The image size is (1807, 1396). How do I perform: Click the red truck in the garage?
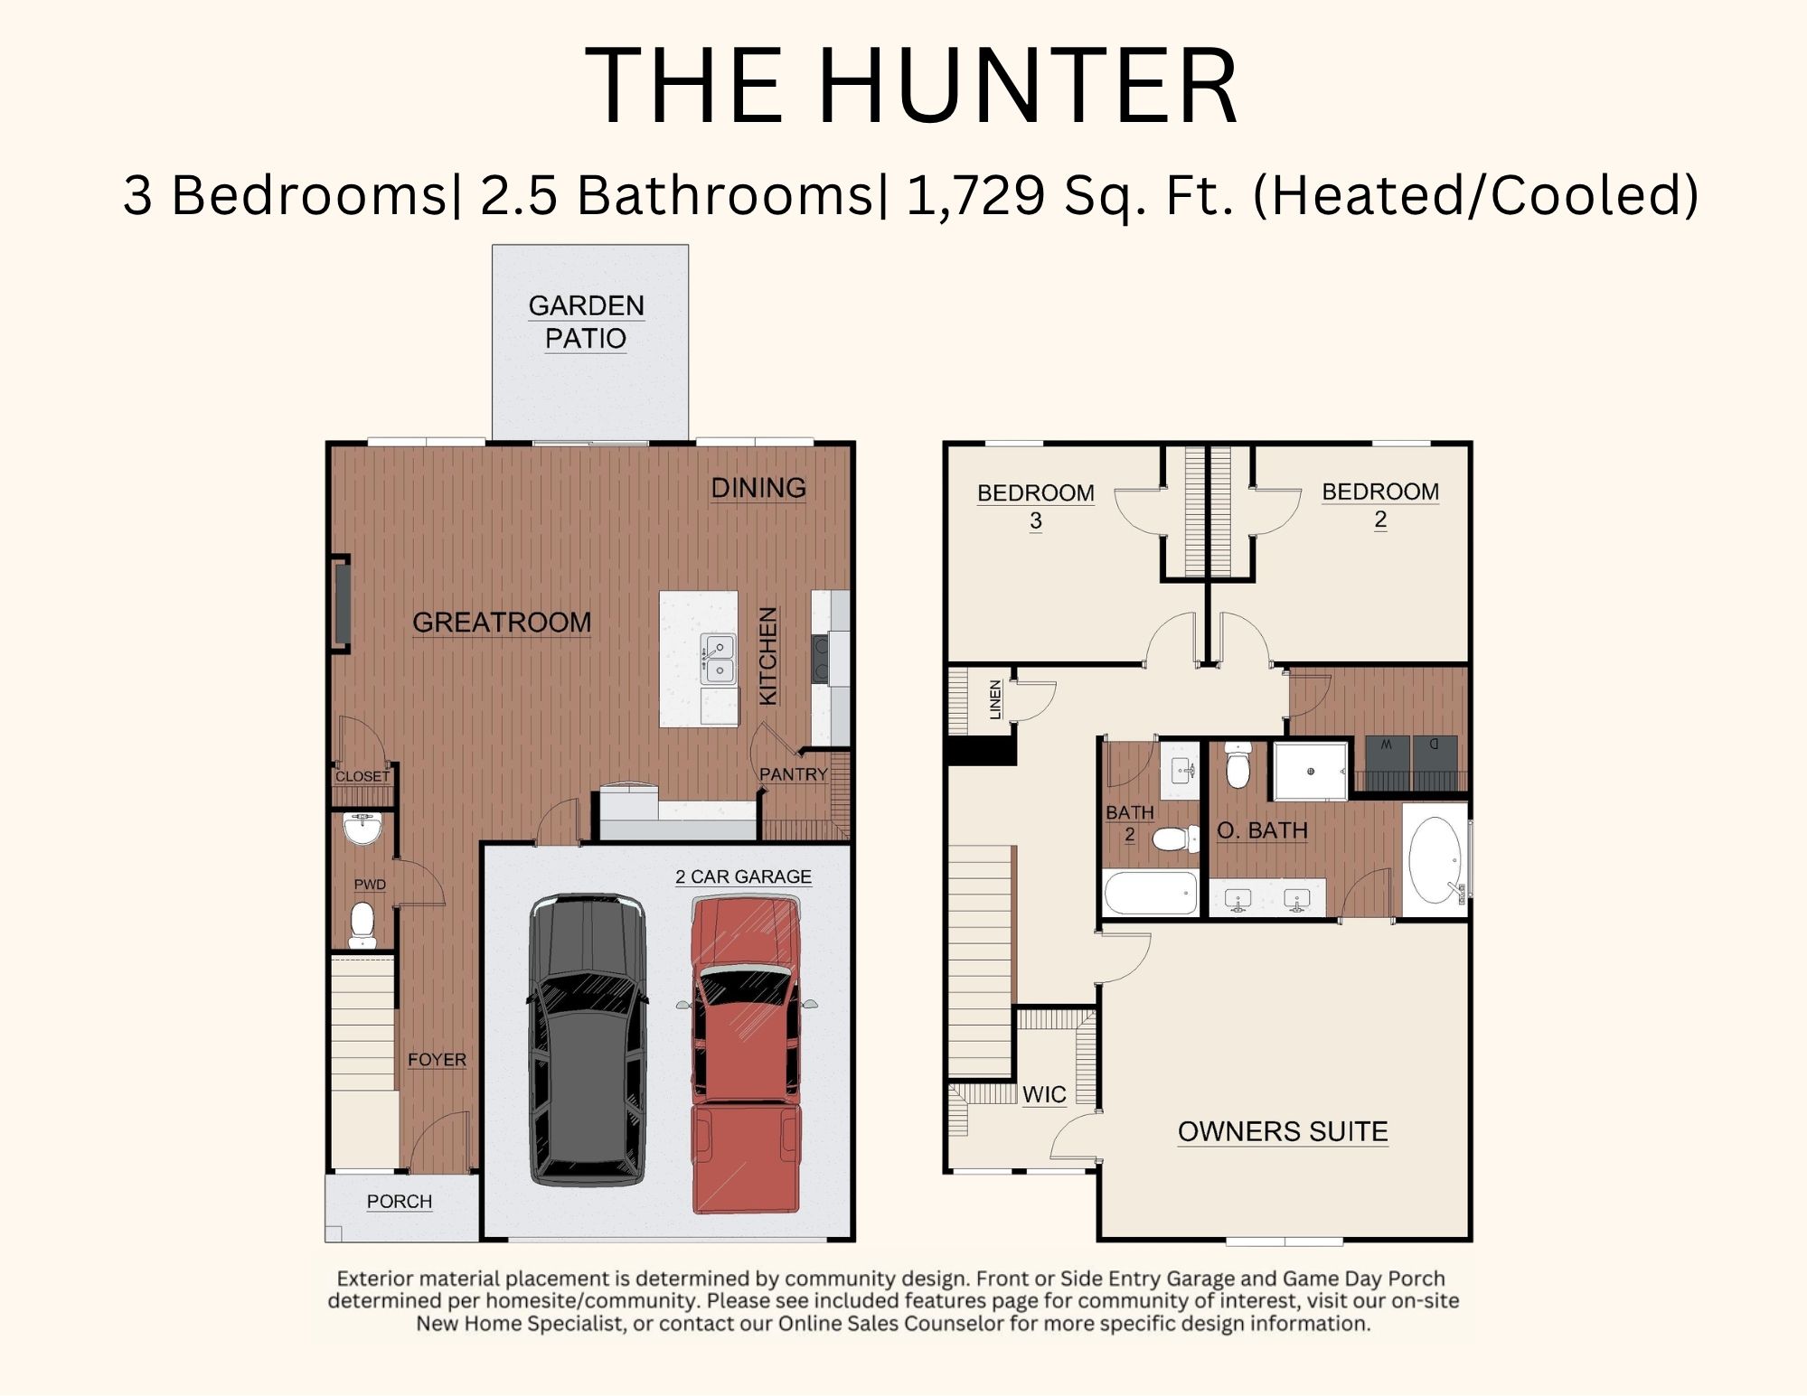(747, 1054)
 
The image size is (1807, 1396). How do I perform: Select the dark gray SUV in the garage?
(588, 1040)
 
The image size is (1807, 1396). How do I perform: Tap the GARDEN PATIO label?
(586, 322)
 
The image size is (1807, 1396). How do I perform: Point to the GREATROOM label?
(502, 623)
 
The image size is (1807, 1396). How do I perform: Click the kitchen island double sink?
(719, 659)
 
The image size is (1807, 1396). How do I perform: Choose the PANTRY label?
(794, 774)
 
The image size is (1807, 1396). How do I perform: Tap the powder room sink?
(363, 828)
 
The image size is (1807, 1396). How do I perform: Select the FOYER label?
(437, 1060)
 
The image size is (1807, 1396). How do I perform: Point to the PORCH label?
(400, 1202)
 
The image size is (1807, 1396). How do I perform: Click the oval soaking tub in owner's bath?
(1435, 860)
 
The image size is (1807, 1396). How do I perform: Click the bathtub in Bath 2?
(1151, 893)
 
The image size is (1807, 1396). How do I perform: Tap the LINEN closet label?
(995, 699)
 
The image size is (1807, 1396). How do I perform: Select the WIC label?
(1044, 1095)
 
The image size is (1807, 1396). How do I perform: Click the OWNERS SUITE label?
(1283, 1131)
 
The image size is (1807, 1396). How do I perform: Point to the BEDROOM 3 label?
(1036, 507)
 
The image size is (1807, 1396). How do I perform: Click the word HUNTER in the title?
(1028, 86)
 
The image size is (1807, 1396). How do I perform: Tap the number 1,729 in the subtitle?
(975, 195)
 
